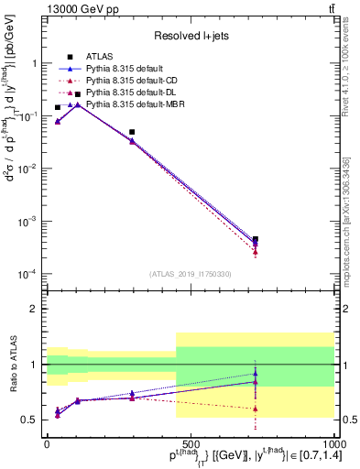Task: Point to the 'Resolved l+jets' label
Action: click(x=189, y=36)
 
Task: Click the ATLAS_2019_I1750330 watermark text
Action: click(x=189, y=274)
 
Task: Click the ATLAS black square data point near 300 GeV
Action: click(x=132, y=132)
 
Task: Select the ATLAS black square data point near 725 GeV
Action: click(x=255, y=239)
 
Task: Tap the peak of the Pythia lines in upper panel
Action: click(x=77, y=104)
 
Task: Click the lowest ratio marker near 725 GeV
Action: click(x=255, y=409)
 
